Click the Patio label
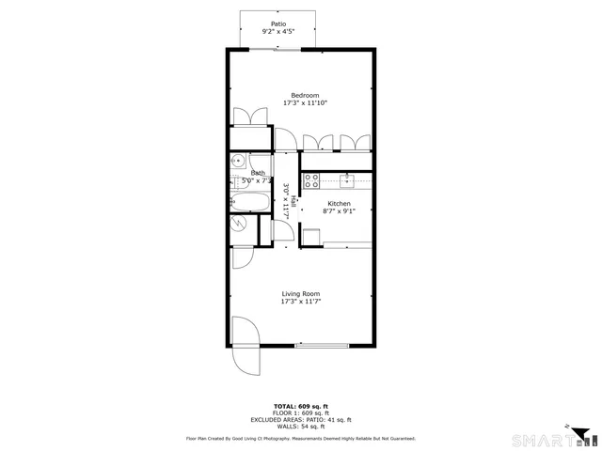pyautogui.click(x=277, y=23)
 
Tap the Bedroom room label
pyautogui.click(x=305, y=96)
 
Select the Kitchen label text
pyautogui.click(x=339, y=203)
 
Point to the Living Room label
pyautogui.click(x=301, y=294)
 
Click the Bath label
pyautogui.click(x=258, y=173)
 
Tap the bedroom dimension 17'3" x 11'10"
pyautogui.click(x=305, y=103)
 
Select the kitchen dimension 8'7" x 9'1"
pyautogui.click(x=339, y=211)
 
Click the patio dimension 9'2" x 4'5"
pyautogui.click(x=277, y=32)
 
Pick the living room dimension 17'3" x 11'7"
pyautogui.click(x=301, y=303)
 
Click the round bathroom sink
pyautogui.click(x=237, y=161)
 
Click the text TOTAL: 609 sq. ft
pyautogui.click(x=300, y=404)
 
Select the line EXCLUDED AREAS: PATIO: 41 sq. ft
pyautogui.click(x=300, y=419)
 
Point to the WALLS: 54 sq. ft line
pyautogui.click(x=300, y=427)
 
